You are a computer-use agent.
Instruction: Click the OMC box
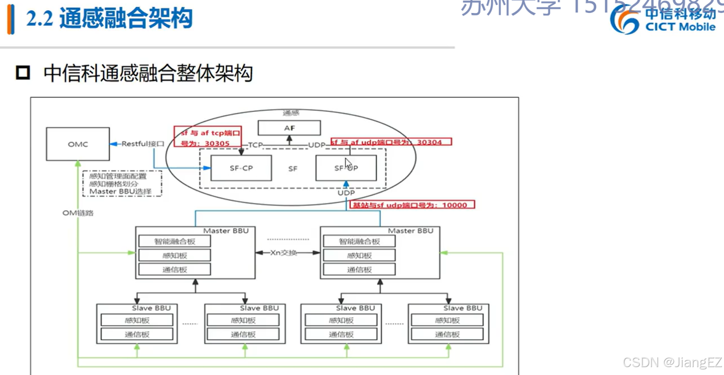coord(78,144)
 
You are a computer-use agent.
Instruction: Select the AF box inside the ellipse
coord(289,128)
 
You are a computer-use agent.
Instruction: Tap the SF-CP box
coord(241,168)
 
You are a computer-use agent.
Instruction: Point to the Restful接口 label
coord(143,144)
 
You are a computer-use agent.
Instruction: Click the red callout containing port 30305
coord(207,138)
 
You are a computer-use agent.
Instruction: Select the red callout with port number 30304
coord(391,142)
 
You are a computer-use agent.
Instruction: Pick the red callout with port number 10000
coord(413,205)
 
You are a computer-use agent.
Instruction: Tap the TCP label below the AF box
coord(255,145)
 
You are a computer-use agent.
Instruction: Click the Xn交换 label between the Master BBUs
coord(288,253)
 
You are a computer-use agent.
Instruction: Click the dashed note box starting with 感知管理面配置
coord(122,183)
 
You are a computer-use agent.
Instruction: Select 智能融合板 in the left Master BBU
coord(175,241)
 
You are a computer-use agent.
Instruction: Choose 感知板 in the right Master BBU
coord(359,255)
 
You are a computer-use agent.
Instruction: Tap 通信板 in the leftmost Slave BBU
coord(137,334)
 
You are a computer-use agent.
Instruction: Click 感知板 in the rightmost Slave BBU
coord(447,320)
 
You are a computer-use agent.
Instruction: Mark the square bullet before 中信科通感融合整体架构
coord(23,73)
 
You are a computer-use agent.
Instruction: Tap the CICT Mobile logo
coord(665,21)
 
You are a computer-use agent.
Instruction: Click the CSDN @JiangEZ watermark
coord(672,362)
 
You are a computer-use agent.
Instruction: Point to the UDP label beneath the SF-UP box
coord(346,193)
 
